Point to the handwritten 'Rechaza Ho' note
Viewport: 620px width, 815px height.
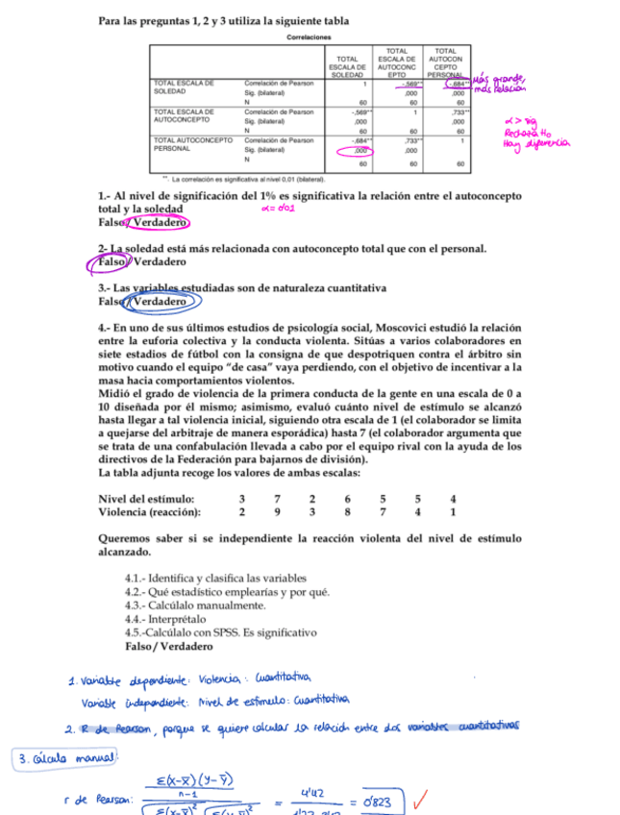coord(525,133)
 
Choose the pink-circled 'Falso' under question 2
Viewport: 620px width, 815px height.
coord(113,262)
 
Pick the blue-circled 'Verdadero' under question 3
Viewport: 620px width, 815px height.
coord(161,302)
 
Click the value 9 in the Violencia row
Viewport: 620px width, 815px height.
coord(277,512)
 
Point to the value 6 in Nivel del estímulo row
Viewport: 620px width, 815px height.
coord(347,500)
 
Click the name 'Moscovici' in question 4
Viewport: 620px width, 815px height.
coord(409,327)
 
